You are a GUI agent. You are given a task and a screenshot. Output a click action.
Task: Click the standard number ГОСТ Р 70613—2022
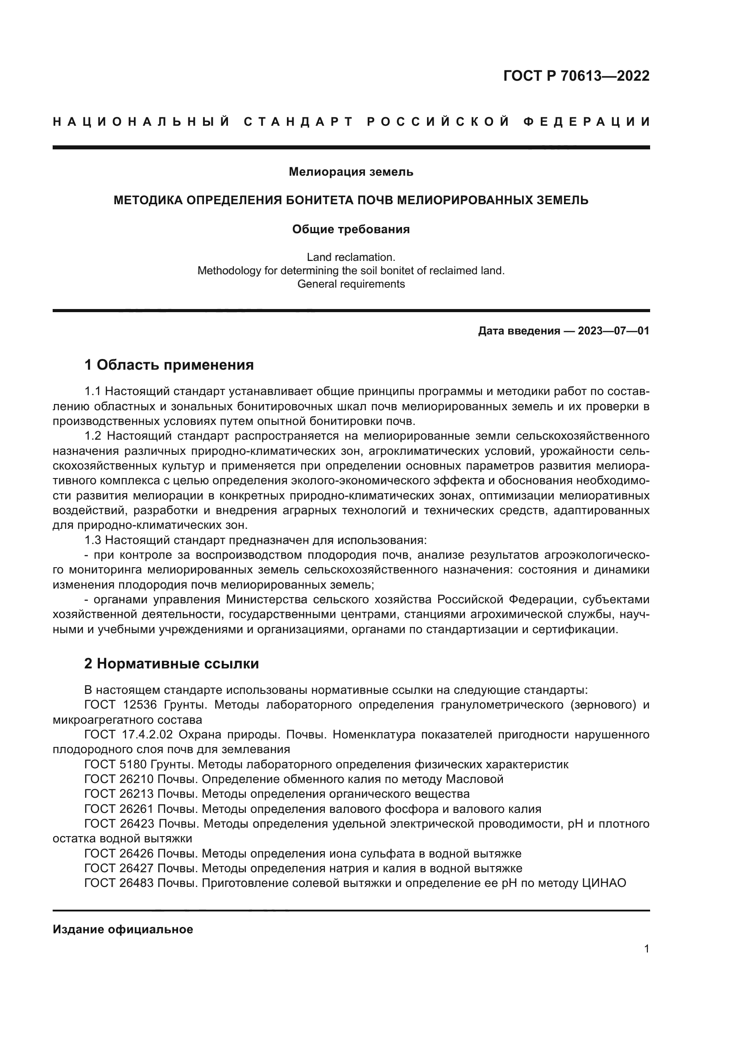(576, 76)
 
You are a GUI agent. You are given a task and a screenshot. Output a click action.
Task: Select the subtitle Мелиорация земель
(351, 172)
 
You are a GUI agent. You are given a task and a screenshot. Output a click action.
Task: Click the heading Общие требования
(351, 229)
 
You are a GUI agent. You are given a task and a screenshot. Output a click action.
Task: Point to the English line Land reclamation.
(351, 257)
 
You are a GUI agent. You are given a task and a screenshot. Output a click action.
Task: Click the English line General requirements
(351, 284)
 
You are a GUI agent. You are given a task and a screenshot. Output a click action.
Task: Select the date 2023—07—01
(614, 331)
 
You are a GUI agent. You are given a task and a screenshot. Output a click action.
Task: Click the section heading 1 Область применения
(169, 365)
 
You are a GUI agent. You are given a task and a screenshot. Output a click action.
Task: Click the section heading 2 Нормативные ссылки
(172, 664)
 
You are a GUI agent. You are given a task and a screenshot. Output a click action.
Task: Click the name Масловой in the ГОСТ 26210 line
(474, 779)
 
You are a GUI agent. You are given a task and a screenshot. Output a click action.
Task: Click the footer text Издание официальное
(123, 929)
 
